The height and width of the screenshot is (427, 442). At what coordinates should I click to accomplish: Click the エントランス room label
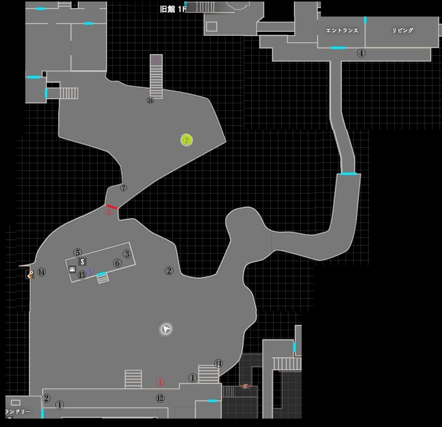[342, 30]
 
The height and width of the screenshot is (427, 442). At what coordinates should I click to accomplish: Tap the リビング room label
[403, 30]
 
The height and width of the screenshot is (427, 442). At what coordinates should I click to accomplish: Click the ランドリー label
[18, 411]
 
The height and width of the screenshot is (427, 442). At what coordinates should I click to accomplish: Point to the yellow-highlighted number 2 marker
[187, 140]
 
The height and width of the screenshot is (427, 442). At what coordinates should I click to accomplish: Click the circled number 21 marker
[150, 100]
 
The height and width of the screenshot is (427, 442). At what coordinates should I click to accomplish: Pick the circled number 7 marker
[123, 188]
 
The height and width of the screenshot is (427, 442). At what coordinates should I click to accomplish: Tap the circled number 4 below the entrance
[361, 53]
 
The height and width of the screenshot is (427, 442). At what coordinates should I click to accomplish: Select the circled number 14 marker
[42, 272]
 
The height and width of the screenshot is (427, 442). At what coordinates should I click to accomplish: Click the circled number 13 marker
[82, 275]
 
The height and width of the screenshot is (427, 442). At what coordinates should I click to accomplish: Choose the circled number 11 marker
[218, 364]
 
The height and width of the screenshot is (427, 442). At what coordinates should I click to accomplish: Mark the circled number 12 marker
[160, 398]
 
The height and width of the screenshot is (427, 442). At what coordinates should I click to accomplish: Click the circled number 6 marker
[117, 263]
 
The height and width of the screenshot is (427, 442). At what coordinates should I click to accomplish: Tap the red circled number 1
[160, 382]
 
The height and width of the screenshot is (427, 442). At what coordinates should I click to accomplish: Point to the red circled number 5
[109, 212]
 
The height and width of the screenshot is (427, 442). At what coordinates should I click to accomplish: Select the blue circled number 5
[90, 272]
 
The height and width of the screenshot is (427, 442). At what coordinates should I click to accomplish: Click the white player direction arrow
[166, 329]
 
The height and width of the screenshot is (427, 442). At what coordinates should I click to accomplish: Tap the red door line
[112, 207]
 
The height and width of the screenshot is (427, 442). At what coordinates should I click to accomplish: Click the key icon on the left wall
[30, 274]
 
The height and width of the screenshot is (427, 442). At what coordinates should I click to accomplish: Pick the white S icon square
[82, 262]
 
